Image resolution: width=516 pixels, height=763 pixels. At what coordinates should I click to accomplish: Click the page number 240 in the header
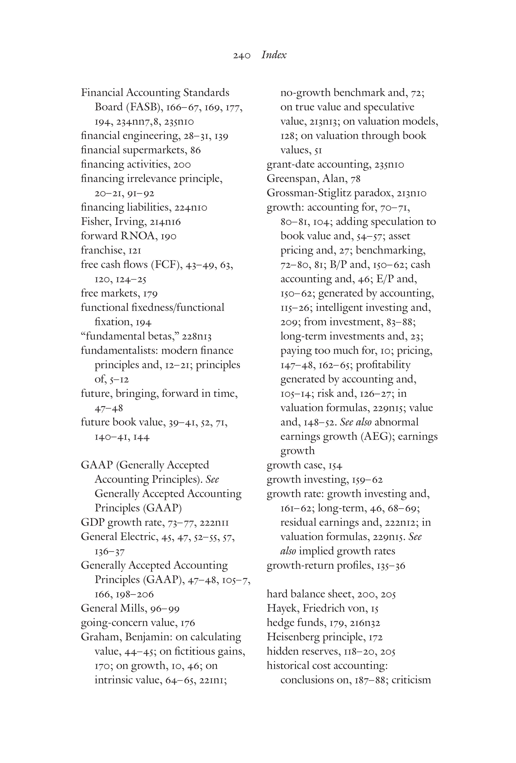pos(242,56)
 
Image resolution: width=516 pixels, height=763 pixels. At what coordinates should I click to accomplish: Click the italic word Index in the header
pos(274,55)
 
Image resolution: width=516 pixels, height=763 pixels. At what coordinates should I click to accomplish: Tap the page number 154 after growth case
pos(335,466)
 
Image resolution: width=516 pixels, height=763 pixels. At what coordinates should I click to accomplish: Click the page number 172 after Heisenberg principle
pos(376,637)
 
